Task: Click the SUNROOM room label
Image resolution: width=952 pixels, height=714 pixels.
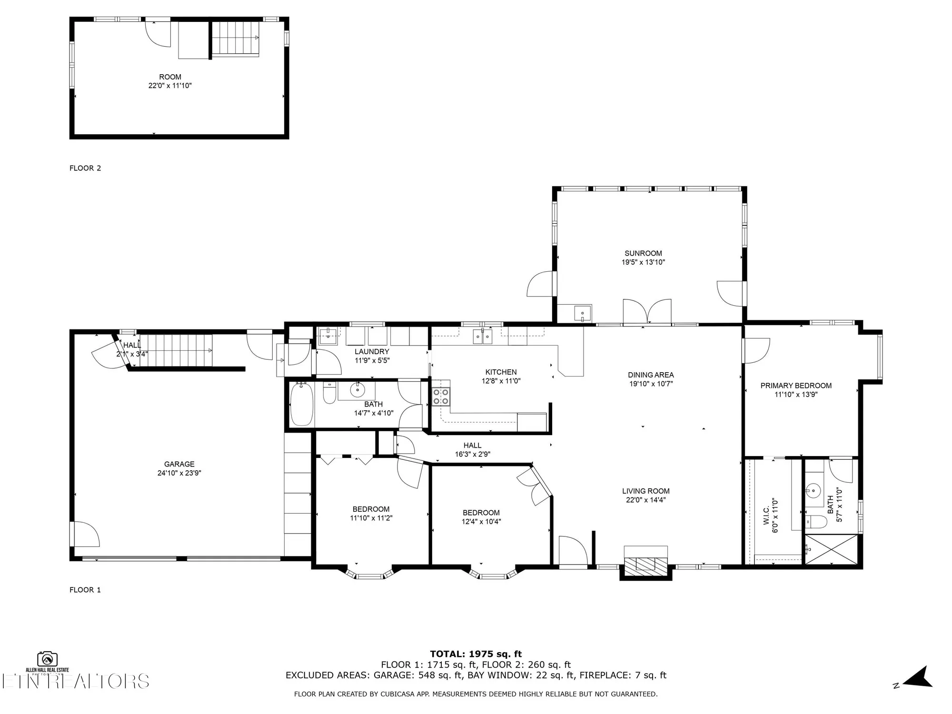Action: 643,253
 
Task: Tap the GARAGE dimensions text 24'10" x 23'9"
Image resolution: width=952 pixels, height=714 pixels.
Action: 179,473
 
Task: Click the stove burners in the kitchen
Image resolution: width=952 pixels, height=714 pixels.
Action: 441,397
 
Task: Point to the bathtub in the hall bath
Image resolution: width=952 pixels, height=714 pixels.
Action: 301,404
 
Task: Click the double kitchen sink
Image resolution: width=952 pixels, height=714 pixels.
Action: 482,337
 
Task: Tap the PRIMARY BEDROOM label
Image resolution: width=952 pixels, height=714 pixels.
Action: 796,386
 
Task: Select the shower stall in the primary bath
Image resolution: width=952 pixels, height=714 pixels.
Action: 831,550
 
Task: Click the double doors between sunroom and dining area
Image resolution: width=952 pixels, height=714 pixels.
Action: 647,312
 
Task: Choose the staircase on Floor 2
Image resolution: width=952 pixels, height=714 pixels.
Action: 235,39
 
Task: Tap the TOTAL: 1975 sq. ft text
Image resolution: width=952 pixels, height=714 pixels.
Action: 476,654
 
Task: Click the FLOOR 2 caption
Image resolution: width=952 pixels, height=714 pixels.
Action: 85,168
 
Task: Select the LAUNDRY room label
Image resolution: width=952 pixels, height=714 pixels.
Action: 372,352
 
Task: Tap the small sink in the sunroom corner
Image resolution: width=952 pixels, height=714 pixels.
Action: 582,314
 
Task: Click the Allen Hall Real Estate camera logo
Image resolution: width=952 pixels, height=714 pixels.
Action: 47,659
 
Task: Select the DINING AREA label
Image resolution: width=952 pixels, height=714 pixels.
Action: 650,375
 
